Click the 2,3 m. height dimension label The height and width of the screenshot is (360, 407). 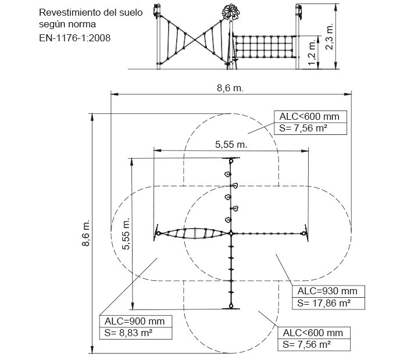point(330,37)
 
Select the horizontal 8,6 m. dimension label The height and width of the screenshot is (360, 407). point(230,88)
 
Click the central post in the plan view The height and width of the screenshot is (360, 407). point(231,233)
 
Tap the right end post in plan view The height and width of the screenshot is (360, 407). point(304,233)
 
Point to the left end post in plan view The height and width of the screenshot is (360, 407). point(158,233)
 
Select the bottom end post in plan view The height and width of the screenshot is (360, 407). point(231,306)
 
